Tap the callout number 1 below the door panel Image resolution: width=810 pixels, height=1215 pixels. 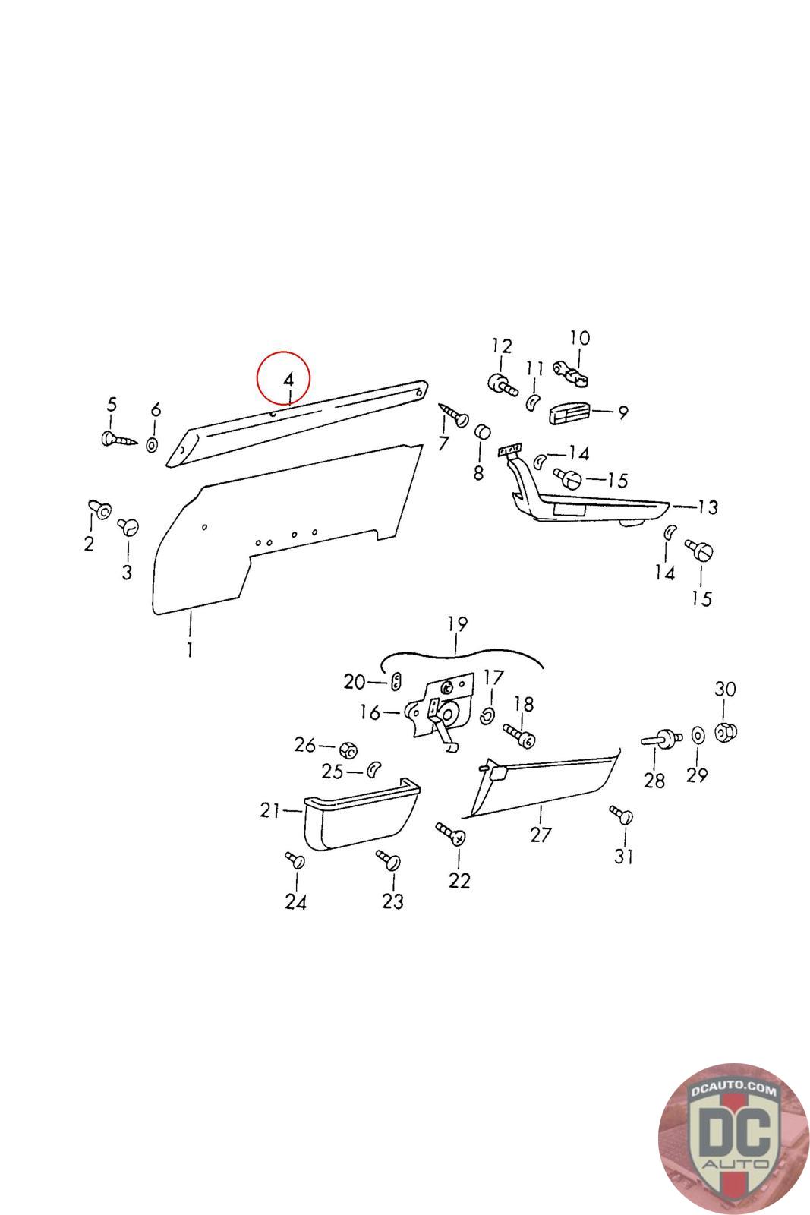coord(189,650)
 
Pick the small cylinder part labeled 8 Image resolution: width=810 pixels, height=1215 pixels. coord(481,433)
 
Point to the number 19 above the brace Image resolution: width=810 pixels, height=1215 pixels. coord(457,624)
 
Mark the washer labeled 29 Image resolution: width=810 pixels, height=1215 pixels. coord(696,736)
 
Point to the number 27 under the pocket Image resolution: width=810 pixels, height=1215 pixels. coord(540,835)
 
